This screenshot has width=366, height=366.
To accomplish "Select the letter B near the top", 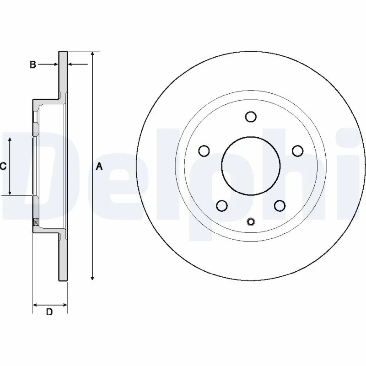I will click(x=32, y=65).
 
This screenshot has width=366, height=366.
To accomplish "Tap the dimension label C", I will click(x=3, y=167).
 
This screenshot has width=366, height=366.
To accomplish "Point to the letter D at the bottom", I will click(x=49, y=312).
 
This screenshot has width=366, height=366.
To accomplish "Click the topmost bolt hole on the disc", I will click(x=250, y=117).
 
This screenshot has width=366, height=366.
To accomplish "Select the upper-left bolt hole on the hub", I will click(x=204, y=151).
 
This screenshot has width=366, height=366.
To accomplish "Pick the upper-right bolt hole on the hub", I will click(x=297, y=151).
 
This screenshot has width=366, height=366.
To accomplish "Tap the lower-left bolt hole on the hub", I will click(x=222, y=205).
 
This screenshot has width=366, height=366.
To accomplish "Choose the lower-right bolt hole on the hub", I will click(x=280, y=205).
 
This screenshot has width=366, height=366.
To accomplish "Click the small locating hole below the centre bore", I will click(x=250, y=222).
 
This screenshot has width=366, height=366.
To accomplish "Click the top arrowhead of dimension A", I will click(x=93, y=54).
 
